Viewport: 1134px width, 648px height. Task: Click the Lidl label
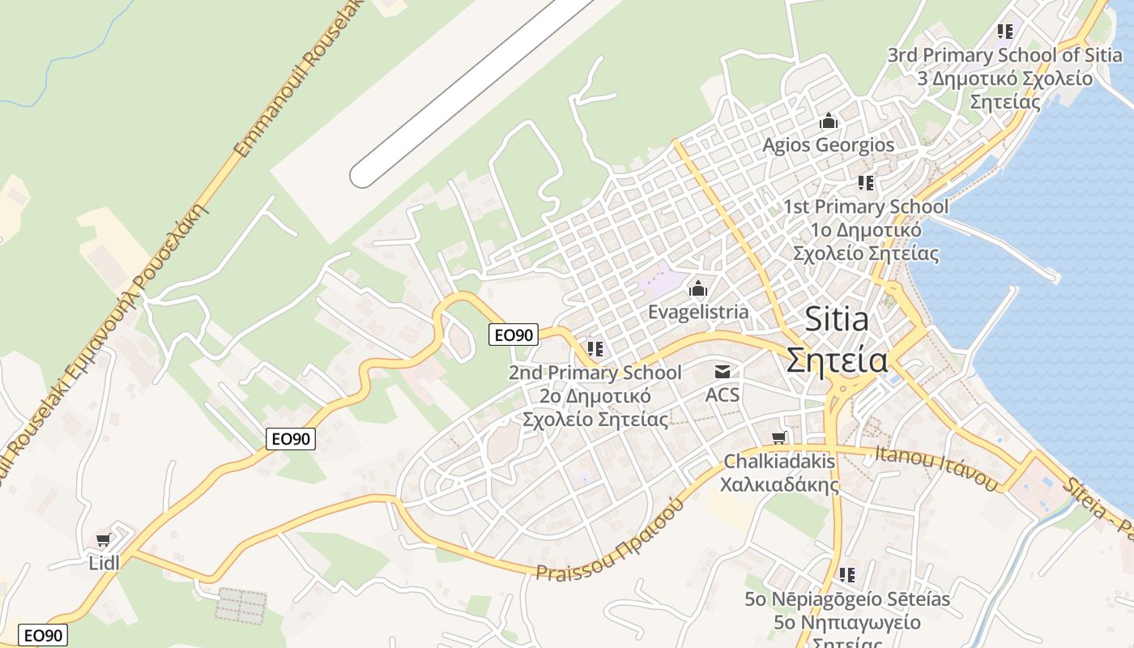pos(104,562)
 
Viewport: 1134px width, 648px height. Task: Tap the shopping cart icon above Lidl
pos(103,539)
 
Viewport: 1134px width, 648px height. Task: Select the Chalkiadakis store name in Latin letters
pos(778,462)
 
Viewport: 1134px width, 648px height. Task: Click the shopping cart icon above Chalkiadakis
pos(778,438)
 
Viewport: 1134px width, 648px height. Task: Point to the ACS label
pos(723,394)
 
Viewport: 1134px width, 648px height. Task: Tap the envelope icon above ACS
pos(723,372)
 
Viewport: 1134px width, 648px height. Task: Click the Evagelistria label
pos(698,312)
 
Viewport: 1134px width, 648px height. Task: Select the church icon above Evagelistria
pos(698,288)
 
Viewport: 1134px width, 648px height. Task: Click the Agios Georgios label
pos(829,145)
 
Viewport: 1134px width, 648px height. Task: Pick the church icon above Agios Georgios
pos(829,122)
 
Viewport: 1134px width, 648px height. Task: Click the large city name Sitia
pos(837,319)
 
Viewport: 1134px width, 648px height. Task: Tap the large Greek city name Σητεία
pos(837,360)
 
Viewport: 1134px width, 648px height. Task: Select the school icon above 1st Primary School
pos(866,183)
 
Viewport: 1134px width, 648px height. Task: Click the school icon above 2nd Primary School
pos(595,349)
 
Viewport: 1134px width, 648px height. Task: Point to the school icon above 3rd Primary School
pos(1005,32)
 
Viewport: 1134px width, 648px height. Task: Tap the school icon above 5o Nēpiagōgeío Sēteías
pos(847,575)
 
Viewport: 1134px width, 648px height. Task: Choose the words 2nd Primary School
pos(595,373)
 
